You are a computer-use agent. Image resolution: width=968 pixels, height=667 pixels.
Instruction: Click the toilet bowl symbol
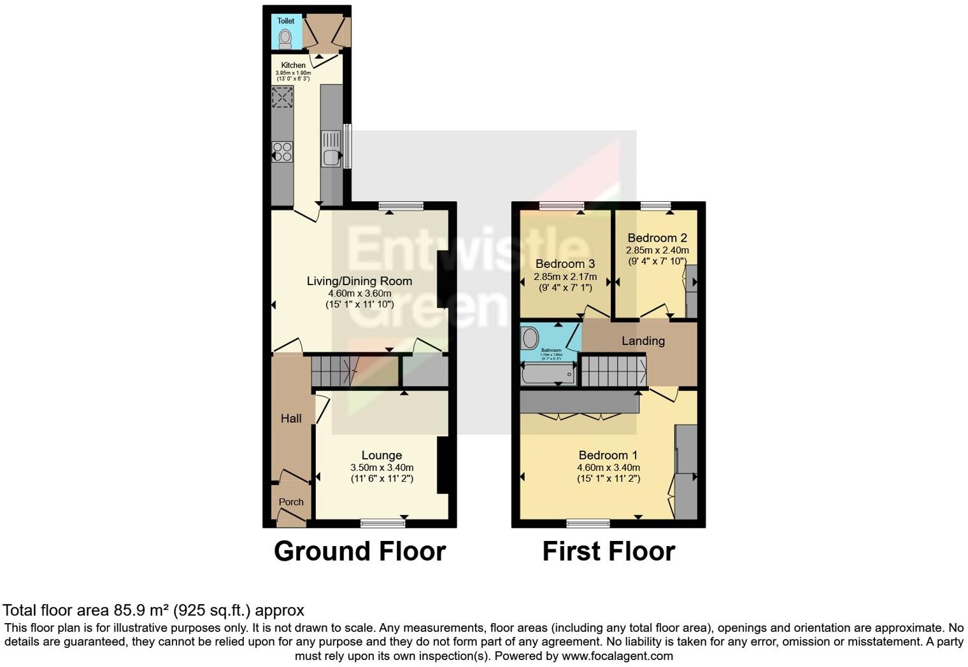(x=285, y=38)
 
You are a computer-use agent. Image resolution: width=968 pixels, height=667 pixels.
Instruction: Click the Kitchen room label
(x=293, y=65)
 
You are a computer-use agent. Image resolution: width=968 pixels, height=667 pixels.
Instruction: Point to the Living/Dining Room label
(x=359, y=281)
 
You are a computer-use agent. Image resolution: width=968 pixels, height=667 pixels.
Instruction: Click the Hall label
(x=291, y=418)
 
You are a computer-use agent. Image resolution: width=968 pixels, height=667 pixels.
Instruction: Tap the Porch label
(x=291, y=502)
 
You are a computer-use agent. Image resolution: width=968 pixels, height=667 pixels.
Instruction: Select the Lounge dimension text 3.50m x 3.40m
(x=381, y=467)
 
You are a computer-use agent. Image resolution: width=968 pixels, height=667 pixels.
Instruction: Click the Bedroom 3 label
(x=565, y=263)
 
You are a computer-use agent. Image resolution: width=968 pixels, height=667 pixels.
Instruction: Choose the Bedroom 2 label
(x=657, y=238)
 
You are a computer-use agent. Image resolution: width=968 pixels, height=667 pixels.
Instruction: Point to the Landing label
(x=643, y=341)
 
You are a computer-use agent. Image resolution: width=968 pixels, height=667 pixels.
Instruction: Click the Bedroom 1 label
(x=608, y=455)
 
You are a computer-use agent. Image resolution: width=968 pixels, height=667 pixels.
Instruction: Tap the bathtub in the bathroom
(x=548, y=374)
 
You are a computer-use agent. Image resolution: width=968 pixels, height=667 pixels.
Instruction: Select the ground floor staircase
(x=334, y=371)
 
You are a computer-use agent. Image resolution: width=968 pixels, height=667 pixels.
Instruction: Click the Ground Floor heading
(x=359, y=551)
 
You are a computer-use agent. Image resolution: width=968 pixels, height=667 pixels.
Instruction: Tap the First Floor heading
(x=608, y=551)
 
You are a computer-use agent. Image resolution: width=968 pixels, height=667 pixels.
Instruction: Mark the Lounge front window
(x=382, y=523)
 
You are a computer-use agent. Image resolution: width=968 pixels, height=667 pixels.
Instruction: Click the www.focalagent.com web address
(x=616, y=656)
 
